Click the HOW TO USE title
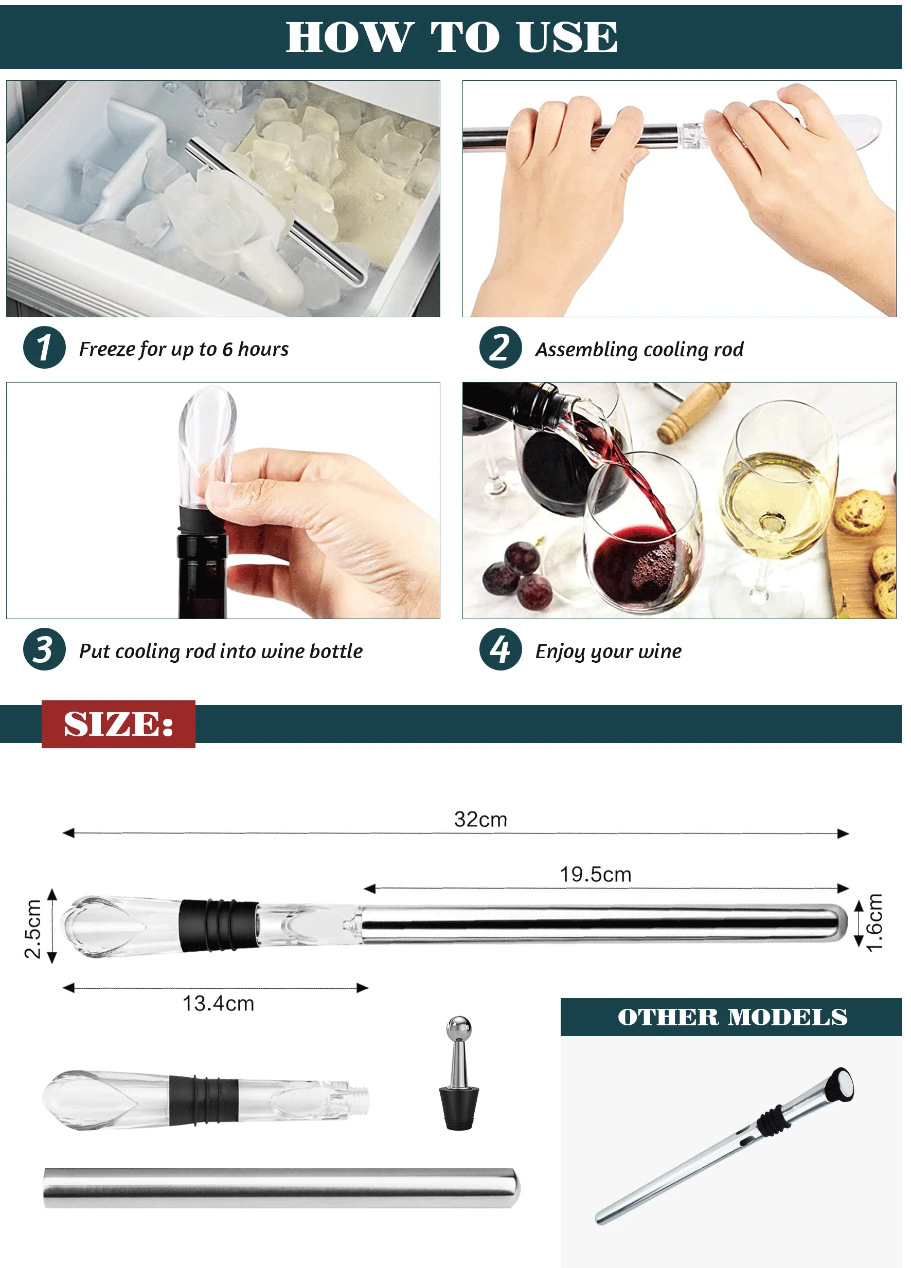tap(452, 38)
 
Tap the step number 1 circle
tap(44, 347)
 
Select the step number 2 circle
tap(501, 347)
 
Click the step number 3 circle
tap(44, 649)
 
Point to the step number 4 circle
tap(501, 649)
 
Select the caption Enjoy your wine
tap(609, 651)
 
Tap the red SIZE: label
tap(118, 724)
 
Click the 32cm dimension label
tap(480, 820)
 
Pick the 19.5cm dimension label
tap(596, 875)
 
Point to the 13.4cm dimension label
tap(218, 1004)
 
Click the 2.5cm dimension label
tap(33, 929)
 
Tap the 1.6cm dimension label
tap(874, 922)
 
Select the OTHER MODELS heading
tap(732, 1017)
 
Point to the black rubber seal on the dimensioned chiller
tap(219, 925)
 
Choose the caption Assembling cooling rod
tap(639, 350)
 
